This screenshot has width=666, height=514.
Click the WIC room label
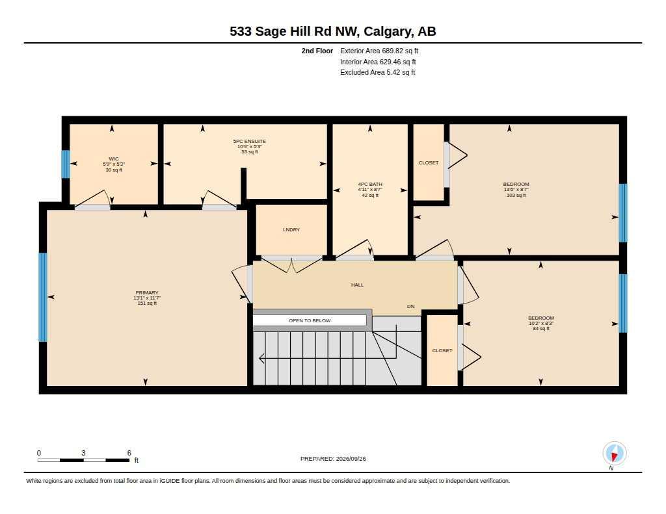pos(113,159)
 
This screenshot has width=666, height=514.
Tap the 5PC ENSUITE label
pos(249,142)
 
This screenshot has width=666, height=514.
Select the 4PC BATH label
pos(370,184)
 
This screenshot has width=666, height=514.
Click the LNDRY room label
pos(291,229)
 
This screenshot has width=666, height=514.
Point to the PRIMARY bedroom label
pos(147,293)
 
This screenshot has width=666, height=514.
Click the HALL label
pos(357,285)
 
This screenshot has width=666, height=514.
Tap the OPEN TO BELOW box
pos(310,320)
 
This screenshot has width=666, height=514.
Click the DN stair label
pos(411,306)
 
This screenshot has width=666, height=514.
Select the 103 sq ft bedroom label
pos(516,189)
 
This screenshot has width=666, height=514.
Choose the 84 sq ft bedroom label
pos(541,323)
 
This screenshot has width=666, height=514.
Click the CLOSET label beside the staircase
pos(442,351)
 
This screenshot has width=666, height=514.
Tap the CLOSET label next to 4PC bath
pos(429,162)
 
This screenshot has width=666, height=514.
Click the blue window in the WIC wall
pos(66,164)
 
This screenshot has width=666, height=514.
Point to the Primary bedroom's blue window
pos(43,297)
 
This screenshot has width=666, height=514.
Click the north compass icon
pos(614,454)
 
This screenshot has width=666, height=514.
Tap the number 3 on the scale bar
pos(83,453)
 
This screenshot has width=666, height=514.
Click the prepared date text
pos(333,459)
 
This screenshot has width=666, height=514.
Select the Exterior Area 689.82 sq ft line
pos(379,51)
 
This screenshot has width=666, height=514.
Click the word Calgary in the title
pos(388,32)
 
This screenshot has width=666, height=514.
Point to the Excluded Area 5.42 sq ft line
pos(378,73)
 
